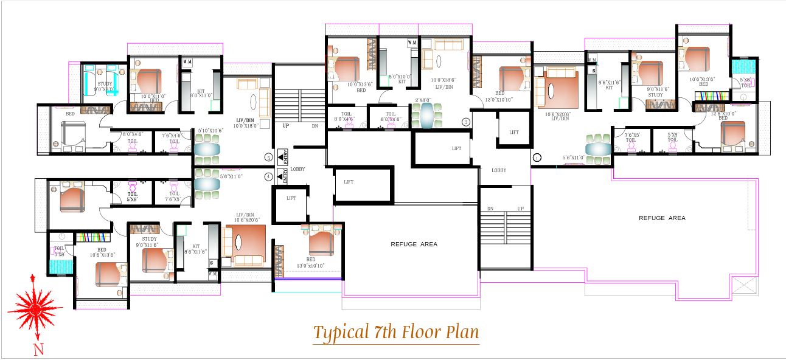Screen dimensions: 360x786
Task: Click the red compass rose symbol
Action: click(x=35, y=310)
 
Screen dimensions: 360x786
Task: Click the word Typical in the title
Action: click(x=338, y=333)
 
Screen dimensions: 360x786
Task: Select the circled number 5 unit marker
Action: click(x=269, y=157)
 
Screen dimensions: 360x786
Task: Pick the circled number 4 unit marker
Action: click(x=269, y=176)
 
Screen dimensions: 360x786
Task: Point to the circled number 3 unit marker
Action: click(x=467, y=122)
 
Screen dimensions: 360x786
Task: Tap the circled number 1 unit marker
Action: click(x=536, y=157)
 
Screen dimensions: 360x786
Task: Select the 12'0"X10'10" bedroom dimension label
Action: click(x=500, y=99)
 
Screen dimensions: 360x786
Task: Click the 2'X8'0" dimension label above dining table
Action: click(x=424, y=99)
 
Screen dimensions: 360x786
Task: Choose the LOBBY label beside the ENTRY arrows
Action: click(x=297, y=169)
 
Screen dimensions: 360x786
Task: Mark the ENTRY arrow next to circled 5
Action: click(x=282, y=156)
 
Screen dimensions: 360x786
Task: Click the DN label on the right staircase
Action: click(x=490, y=209)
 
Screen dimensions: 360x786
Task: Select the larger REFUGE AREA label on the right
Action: click(x=661, y=218)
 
